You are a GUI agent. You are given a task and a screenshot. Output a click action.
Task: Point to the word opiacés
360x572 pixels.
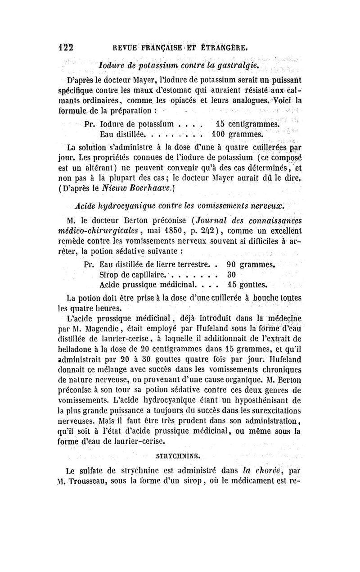pyautogui.click(x=157, y=100)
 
